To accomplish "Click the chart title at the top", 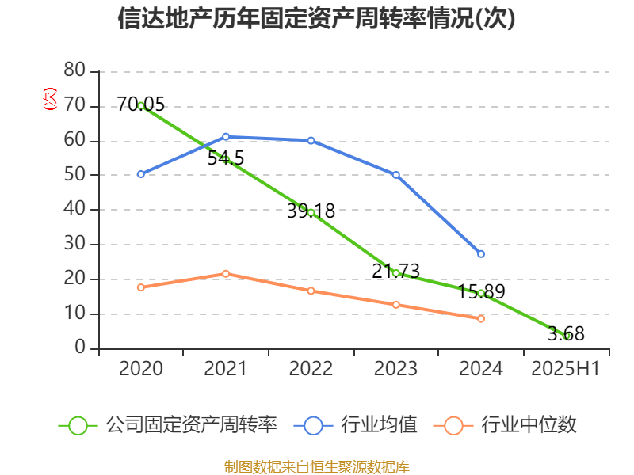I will click(316, 19).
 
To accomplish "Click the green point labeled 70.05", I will click(141, 105).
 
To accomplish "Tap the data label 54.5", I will click(226, 158).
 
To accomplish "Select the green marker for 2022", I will click(311, 212).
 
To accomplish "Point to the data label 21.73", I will click(395, 271).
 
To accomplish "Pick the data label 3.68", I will click(566, 334).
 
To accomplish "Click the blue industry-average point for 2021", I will click(226, 137).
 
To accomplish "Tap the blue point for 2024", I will click(481, 254).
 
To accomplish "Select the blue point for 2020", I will click(141, 174).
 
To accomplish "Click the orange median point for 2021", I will click(226, 274).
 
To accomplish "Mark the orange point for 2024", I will click(481, 318).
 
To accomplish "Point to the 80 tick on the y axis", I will click(74, 71).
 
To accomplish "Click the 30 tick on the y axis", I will click(74, 244).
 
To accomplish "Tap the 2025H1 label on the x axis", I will click(565, 369).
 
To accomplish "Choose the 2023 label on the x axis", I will click(395, 369).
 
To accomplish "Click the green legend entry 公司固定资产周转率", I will click(170, 425).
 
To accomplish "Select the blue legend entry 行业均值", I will click(357, 425).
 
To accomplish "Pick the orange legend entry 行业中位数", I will click(507, 425).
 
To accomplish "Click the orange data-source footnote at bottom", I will click(316, 466).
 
